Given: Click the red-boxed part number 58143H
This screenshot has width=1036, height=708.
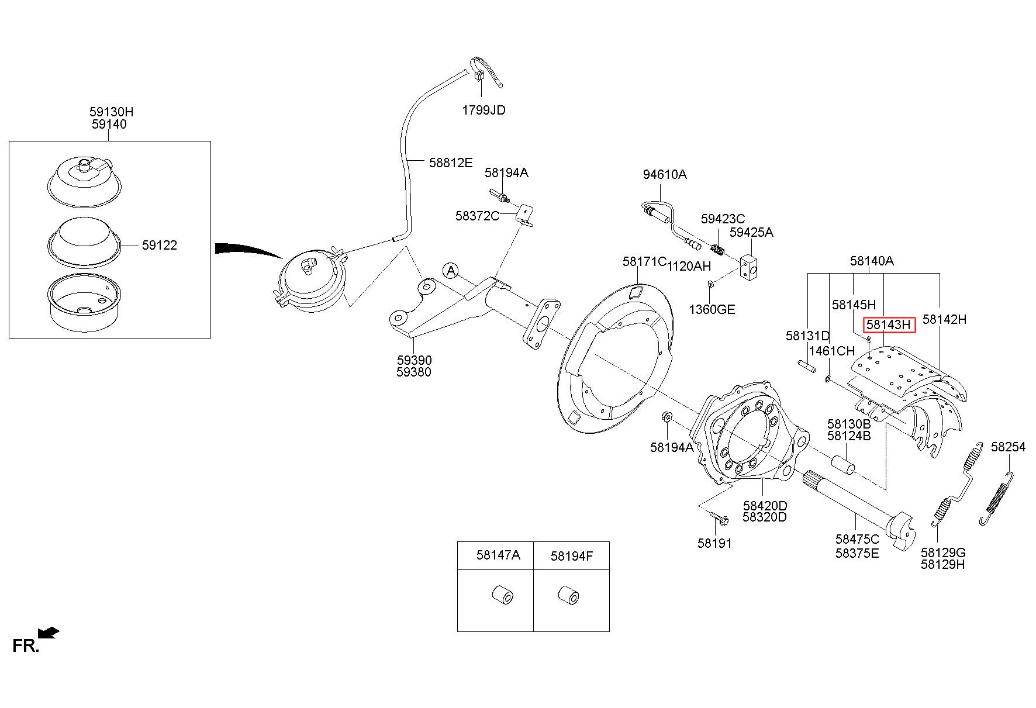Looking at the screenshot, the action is coord(889,324).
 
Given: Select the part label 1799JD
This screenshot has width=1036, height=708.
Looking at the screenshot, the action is coord(484,110).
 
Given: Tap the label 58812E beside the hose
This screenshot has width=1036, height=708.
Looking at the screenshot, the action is coord(451,163).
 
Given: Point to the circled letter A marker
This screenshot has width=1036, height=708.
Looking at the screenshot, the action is coord(451,270).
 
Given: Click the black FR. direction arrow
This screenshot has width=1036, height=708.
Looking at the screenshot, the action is coord(49,633).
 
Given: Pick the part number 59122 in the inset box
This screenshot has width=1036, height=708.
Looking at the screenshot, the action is coord(159,246).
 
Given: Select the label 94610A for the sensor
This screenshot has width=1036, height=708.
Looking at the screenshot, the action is coord(665,174).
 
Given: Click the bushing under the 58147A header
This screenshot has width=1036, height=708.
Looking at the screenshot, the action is coord(502,596).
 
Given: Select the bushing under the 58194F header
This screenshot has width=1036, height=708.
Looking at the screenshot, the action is coord(567,596).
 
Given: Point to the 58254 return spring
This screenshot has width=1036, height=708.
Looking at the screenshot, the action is coord(997,497).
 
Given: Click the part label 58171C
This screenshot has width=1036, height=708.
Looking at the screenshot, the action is coord(644,261).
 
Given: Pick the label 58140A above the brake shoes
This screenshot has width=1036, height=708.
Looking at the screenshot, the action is coord(872,261).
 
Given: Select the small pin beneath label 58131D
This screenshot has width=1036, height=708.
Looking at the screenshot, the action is coord(805,365).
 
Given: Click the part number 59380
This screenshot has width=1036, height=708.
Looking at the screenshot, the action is coord(414,372).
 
